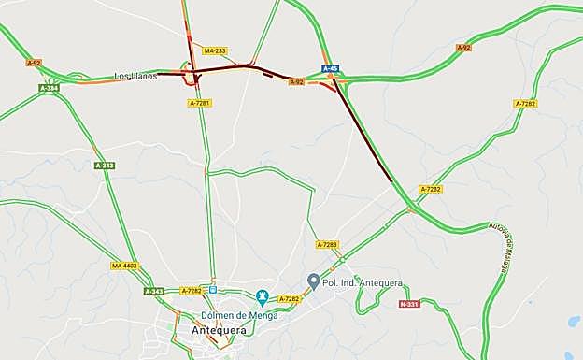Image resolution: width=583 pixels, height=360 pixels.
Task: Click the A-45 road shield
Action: click(331, 69)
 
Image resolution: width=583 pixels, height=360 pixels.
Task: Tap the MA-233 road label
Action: click(214, 50)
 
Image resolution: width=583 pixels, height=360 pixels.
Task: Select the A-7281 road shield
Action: click(199, 103)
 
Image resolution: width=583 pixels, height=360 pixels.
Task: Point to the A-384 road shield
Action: click(50, 88)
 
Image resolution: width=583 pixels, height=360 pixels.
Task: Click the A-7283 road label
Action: click(327, 245)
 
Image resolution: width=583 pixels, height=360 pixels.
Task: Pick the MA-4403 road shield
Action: click(124, 266)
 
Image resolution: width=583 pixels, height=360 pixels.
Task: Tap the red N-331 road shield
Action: click(409, 304)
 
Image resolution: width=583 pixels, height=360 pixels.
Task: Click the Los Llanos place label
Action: click(135, 76)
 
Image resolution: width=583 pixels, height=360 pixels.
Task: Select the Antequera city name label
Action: click(218, 330)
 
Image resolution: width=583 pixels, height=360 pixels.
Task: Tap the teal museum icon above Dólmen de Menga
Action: click(263, 297)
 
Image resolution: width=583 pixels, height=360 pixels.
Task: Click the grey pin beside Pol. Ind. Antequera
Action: click(314, 281)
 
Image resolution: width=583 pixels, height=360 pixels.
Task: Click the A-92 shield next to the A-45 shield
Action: click(297, 82)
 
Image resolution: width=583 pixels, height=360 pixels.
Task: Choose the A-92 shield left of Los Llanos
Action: click(35, 63)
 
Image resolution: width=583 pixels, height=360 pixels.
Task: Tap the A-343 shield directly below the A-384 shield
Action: click(105, 166)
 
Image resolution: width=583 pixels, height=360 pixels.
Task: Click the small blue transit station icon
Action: click(213, 290)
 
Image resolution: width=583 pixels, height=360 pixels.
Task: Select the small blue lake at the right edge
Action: click(573, 321)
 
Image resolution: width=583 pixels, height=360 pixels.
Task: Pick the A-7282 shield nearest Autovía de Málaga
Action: click(430, 189)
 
